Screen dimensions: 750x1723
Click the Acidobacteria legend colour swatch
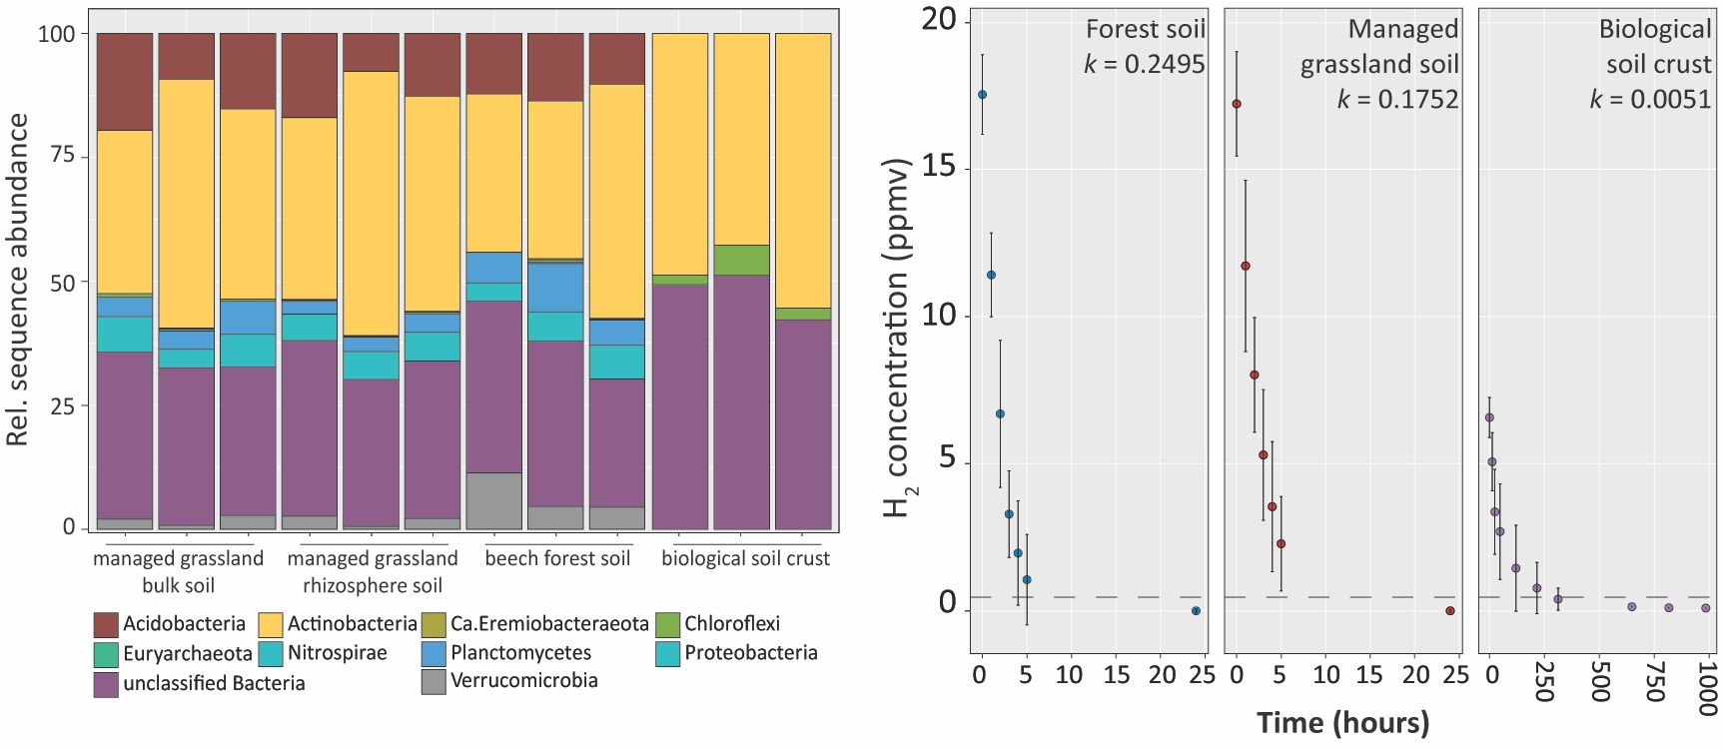click(106, 625)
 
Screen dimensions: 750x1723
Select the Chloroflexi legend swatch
click(667, 625)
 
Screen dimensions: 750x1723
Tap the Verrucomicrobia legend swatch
click(433, 682)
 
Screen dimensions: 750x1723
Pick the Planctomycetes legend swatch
click(433, 654)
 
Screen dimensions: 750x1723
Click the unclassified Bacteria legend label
click(214, 684)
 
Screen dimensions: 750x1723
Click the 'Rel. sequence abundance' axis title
click(17, 280)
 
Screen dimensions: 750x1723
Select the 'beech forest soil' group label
click(557, 558)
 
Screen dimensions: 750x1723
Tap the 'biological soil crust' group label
click(745, 558)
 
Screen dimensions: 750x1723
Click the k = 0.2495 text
click(1145, 65)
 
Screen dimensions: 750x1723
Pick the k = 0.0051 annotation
click(1650, 100)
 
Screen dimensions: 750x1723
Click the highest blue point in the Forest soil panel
click(982, 95)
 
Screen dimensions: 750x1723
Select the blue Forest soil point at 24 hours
click(1196, 610)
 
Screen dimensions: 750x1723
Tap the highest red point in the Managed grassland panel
click(1237, 104)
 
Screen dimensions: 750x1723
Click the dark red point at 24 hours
click(1450, 610)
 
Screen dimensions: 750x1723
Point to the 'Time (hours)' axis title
click(1342, 722)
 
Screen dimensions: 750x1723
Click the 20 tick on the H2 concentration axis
click(939, 20)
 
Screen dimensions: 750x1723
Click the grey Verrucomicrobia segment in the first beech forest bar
click(494, 500)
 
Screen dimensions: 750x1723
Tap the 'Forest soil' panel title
click(1146, 30)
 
